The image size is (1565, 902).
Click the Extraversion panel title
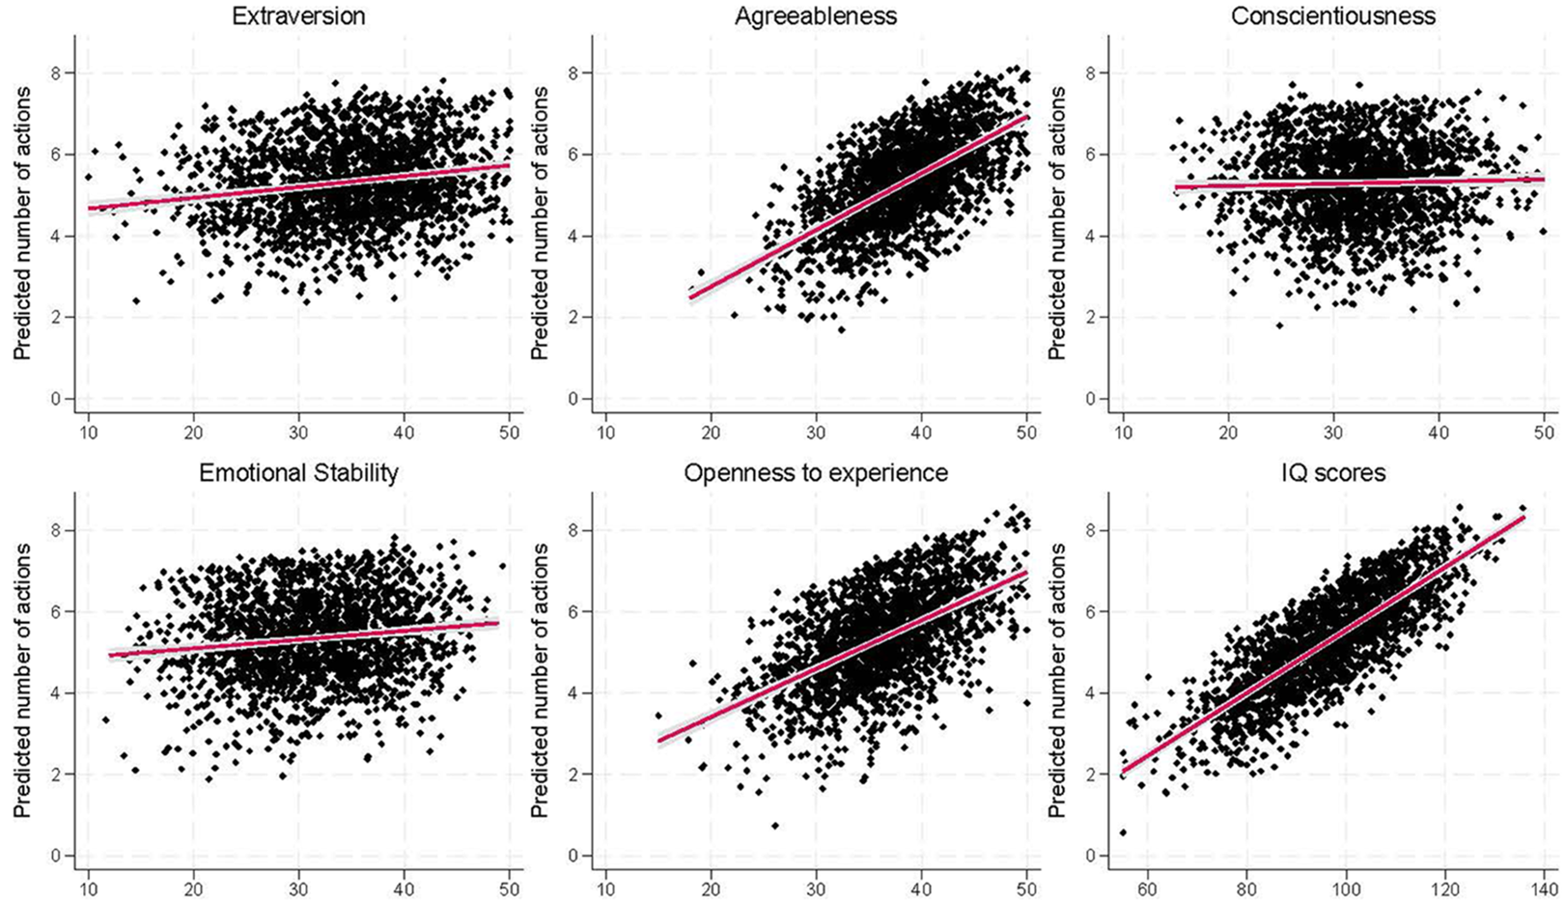[298, 15]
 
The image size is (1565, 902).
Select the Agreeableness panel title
[815, 15]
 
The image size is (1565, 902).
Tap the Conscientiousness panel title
[1333, 15]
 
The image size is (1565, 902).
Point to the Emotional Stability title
[298, 473]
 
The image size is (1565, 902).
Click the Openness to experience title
[815, 473]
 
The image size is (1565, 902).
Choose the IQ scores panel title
[1333, 473]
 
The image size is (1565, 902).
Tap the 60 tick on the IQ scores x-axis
[1148, 888]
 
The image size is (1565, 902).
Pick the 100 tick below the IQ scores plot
[1346, 888]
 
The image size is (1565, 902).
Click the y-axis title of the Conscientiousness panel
[1057, 223]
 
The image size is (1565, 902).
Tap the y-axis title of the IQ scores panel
[1057, 681]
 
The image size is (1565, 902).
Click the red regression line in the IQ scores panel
[1324, 644]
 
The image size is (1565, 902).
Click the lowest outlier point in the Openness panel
[775, 826]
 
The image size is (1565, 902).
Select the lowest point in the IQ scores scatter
[1123, 832]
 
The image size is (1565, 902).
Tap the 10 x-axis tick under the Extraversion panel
[88, 432]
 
